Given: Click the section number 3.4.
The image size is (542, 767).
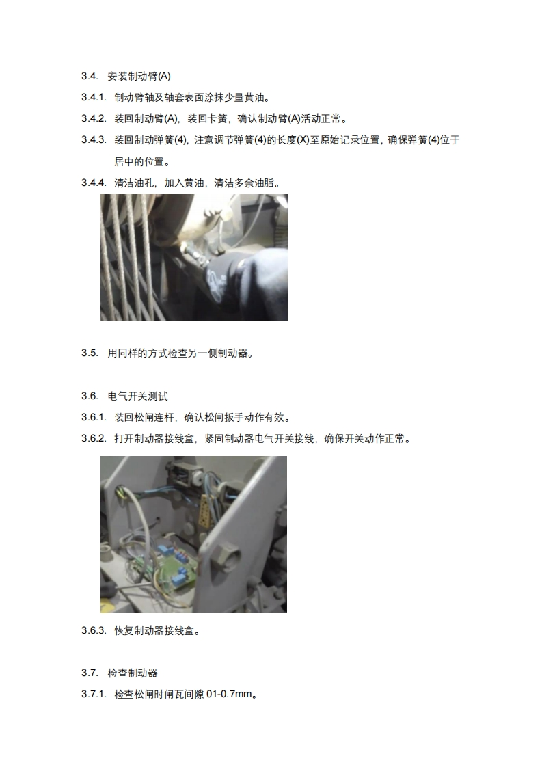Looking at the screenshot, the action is click(x=90, y=77).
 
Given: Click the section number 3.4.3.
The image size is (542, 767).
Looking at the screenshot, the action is click(x=94, y=140).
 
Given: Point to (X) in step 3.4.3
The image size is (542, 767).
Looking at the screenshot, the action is click(x=303, y=140).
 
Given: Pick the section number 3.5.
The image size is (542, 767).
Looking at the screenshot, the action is click(x=90, y=353).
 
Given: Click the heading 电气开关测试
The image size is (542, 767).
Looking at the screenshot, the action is click(x=137, y=396).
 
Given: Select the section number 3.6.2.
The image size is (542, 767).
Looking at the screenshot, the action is click(x=94, y=439).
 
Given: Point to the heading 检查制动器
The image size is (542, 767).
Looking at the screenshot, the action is click(x=133, y=673).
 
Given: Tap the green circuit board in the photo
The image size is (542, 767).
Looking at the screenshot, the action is click(x=176, y=568).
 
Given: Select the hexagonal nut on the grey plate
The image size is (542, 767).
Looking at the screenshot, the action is click(x=229, y=556).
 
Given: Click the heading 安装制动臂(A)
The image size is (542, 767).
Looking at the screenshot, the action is click(x=139, y=77).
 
